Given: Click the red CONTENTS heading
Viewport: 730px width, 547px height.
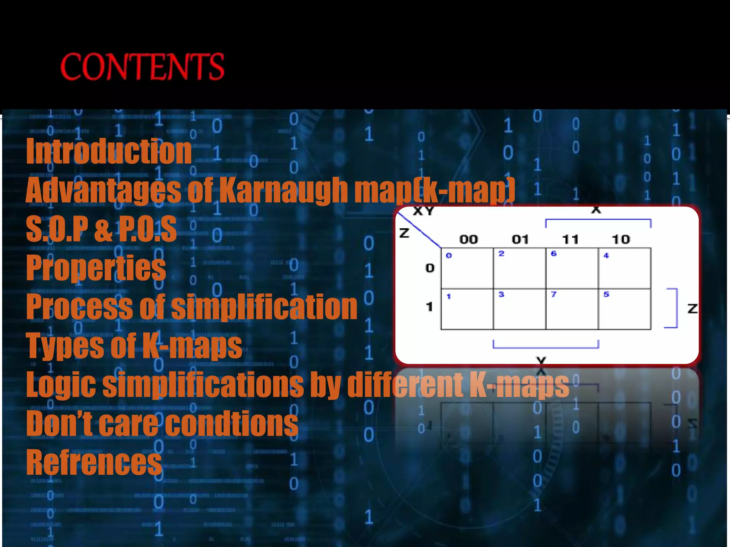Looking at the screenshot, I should [142, 67].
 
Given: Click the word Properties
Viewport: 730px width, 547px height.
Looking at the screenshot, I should [96, 268].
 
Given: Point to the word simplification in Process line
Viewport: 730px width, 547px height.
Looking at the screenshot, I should [264, 307].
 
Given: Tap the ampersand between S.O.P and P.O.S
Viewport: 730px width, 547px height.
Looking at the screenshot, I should [103, 230].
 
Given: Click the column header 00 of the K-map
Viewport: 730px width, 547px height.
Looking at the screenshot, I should [468, 239].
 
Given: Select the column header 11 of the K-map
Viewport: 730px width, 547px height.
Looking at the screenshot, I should [570, 239].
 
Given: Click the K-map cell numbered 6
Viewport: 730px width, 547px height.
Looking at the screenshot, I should [572, 269].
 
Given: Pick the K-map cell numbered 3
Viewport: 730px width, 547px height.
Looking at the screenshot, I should [519, 309].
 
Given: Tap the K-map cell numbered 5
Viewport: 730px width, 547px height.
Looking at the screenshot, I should [624, 309].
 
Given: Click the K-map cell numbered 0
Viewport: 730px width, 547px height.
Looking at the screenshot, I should [467, 269].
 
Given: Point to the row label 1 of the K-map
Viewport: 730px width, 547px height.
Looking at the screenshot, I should [430, 307].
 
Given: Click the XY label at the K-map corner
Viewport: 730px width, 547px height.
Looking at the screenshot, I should [423, 212].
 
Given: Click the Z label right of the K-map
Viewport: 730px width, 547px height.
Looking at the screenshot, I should [692, 308].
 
